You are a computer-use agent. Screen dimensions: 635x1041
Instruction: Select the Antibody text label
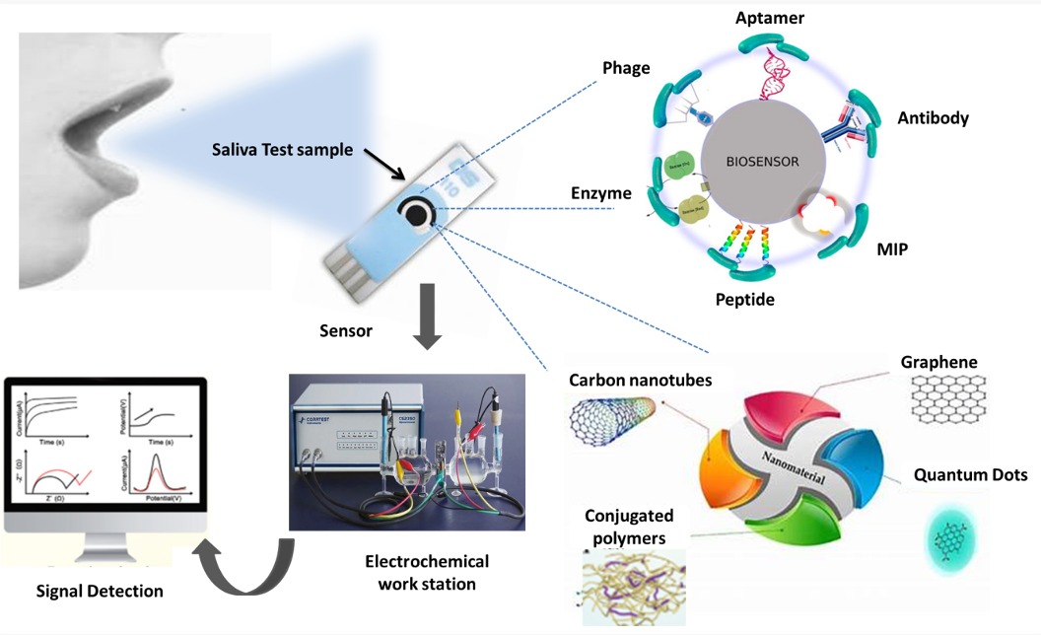[933, 118]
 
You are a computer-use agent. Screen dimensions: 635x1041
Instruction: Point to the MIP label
[893, 249]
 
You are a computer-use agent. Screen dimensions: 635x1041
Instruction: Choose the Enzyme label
[600, 193]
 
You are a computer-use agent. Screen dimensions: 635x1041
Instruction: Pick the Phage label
[626, 69]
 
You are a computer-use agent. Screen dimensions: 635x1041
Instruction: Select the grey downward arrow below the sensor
[427, 317]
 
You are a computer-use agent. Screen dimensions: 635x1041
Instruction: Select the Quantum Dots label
[970, 475]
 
